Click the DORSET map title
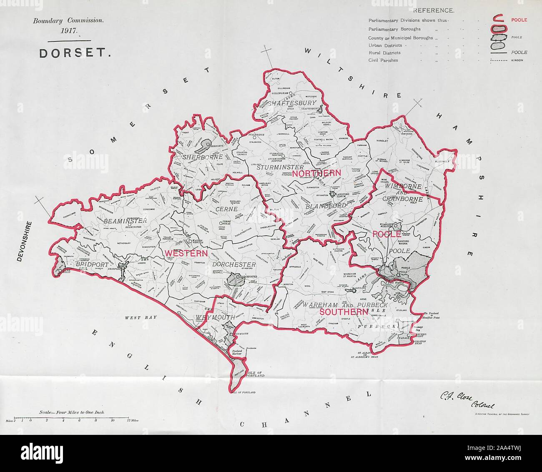tap(75, 54)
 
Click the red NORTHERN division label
tap(316, 173)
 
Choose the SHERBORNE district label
tap(203, 158)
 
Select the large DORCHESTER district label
tap(233, 264)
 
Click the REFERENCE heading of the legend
tap(434, 10)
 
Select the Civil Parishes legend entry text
tap(383, 60)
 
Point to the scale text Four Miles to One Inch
tap(71, 412)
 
